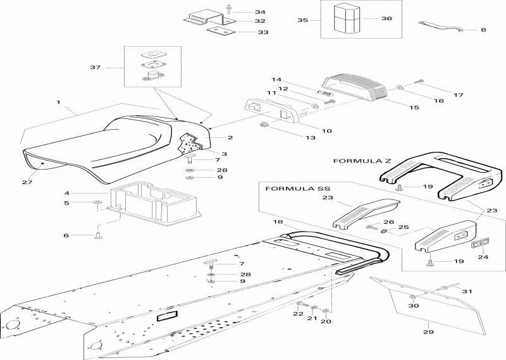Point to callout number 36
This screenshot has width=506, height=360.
click(x=386, y=18)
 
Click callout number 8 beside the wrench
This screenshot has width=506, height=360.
click(x=484, y=29)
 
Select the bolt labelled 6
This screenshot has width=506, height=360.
click(x=99, y=237)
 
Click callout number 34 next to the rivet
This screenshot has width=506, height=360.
click(x=242, y=12)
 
